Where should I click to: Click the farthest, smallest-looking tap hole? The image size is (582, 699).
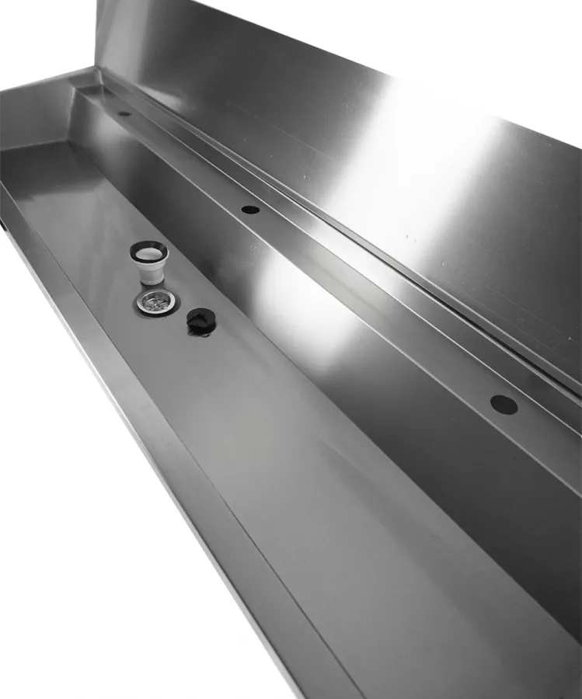[x=124, y=113]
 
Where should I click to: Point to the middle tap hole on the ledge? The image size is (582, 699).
[x=249, y=209]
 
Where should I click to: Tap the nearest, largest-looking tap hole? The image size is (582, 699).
[x=504, y=405]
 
